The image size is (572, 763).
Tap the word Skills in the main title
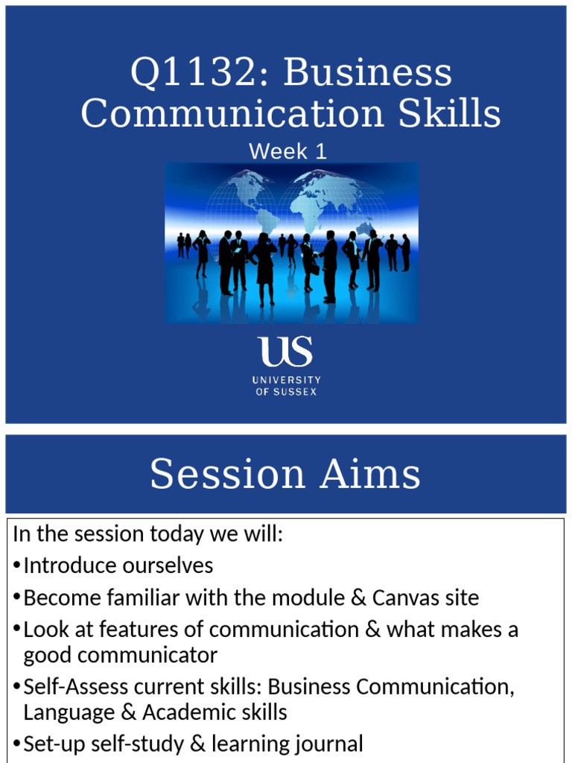[449, 113]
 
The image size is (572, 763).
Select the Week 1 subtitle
[287, 151]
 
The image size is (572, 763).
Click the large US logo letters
[285, 351]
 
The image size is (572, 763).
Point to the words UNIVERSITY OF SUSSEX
[287, 386]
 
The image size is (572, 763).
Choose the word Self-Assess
[76, 686]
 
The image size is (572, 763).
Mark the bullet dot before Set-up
[17, 744]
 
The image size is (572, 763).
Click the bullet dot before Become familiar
[17, 598]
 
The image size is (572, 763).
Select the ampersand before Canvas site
[358, 598]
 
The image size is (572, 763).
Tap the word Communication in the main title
[232, 113]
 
